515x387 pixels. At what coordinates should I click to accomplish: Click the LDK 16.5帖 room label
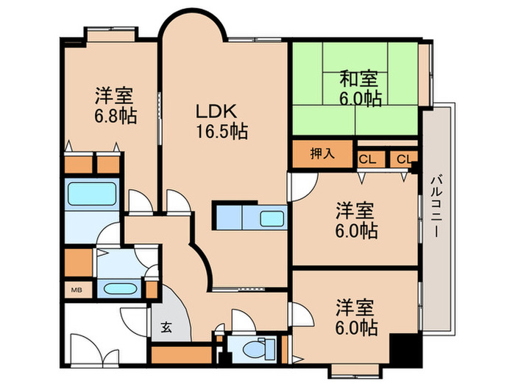point(220,122)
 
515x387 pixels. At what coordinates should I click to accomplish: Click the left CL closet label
point(366,159)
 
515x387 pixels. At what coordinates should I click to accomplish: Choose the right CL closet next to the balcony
point(404,159)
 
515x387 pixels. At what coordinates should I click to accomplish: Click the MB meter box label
point(77,290)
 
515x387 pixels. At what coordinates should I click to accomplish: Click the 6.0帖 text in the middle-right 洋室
point(358,231)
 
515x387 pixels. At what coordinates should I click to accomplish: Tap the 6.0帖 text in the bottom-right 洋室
point(358,326)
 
